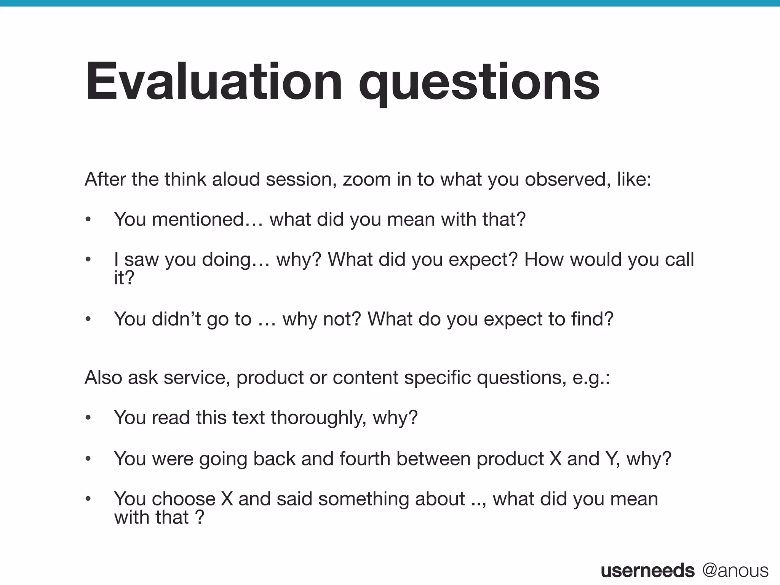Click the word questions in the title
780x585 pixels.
pyautogui.click(x=479, y=82)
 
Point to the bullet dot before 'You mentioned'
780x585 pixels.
pyautogui.click(x=88, y=220)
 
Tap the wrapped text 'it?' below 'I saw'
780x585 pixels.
pyautogui.click(x=124, y=278)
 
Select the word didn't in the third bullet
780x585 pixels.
pyautogui.click(x=176, y=319)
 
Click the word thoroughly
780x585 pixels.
pyautogui.click(x=318, y=418)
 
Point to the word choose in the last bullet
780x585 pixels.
pyautogui.click(x=184, y=499)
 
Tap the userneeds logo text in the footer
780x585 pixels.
pyautogui.click(x=647, y=571)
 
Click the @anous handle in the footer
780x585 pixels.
pyautogui.click(x=735, y=571)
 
